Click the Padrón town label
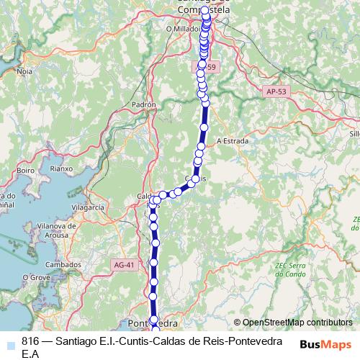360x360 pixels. click(x=144, y=104)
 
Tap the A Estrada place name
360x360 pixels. click(x=232, y=140)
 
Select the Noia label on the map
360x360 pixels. click(x=24, y=71)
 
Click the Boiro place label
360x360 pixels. click(x=26, y=171)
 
